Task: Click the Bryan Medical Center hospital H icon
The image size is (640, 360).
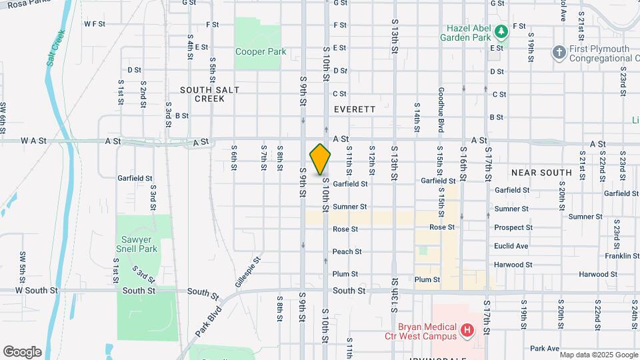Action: (467, 329)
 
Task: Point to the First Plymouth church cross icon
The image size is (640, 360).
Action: (559, 51)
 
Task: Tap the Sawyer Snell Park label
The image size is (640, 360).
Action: (139, 244)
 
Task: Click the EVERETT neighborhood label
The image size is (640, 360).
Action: (355, 109)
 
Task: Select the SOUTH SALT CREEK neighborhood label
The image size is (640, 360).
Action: (209, 94)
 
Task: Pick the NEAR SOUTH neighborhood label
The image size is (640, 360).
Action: (541, 173)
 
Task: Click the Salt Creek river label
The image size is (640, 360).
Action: (55, 48)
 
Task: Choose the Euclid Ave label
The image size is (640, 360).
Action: (511, 246)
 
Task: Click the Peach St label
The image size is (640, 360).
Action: (347, 251)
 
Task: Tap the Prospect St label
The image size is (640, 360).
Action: (513, 227)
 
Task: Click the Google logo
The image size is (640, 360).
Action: (23, 351)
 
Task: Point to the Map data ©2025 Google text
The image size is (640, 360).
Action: (598, 354)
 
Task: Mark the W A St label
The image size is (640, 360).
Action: (33, 141)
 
